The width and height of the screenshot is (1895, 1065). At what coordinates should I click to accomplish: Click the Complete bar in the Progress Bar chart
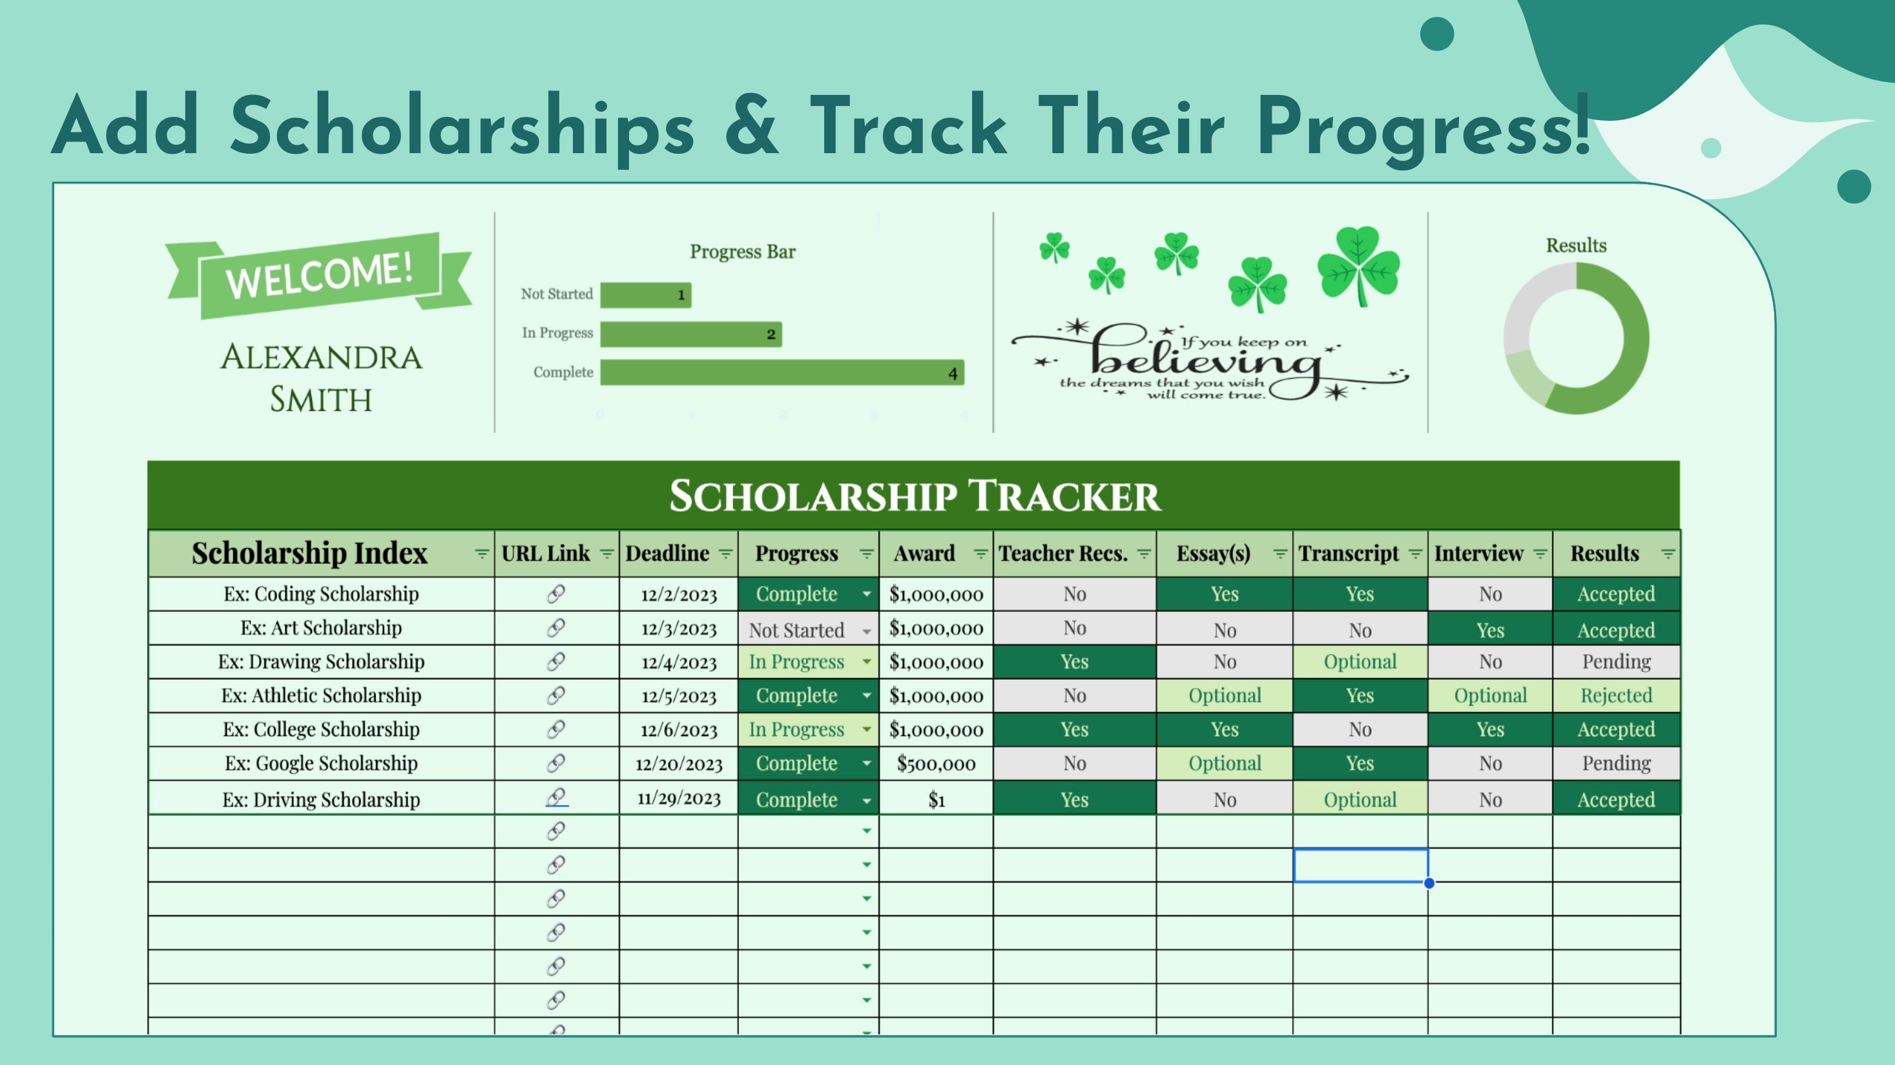pyautogui.click(x=782, y=372)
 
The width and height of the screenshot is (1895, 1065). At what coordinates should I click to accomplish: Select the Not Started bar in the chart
pyautogui.click(x=646, y=295)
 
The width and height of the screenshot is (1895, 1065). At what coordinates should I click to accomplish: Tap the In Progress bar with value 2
pyautogui.click(x=690, y=334)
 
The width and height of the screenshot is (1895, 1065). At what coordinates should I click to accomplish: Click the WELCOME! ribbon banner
pyautogui.click(x=319, y=276)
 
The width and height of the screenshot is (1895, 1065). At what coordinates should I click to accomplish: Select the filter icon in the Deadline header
pyautogui.click(x=725, y=553)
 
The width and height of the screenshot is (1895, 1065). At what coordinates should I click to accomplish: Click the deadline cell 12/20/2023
pyautogui.click(x=679, y=764)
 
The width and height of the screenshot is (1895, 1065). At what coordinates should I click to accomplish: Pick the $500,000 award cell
pyautogui.click(x=937, y=764)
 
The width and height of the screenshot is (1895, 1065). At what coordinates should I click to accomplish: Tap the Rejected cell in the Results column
pyautogui.click(x=1616, y=695)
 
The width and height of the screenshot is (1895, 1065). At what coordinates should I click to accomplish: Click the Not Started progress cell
pyautogui.click(x=809, y=629)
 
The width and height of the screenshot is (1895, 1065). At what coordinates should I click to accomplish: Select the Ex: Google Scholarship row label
pyautogui.click(x=322, y=763)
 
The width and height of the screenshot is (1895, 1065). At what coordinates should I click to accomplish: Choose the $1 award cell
pyautogui.click(x=937, y=799)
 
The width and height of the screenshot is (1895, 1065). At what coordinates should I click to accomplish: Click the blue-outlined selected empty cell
pyautogui.click(x=1360, y=865)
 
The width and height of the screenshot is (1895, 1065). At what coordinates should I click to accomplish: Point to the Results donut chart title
pyautogui.click(x=1576, y=245)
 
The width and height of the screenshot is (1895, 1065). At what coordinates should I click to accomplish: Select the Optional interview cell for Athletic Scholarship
pyautogui.click(x=1491, y=695)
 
